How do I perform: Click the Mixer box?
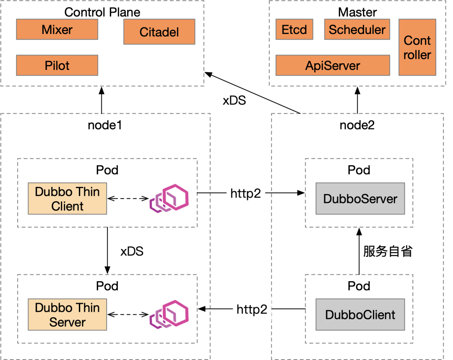pyautogui.click(x=57, y=30)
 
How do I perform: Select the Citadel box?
pyautogui.click(x=159, y=32)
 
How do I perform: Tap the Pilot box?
pyautogui.click(x=57, y=65)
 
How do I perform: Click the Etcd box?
pyautogui.click(x=294, y=30)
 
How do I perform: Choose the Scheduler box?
pyautogui.click(x=357, y=30)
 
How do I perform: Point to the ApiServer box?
pyautogui.click(x=333, y=65)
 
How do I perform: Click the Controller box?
pyautogui.click(x=417, y=47)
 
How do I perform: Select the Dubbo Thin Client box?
pyautogui.click(x=67, y=199)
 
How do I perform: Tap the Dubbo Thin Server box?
pyautogui.click(x=67, y=315)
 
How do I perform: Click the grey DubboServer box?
pyautogui.click(x=360, y=199)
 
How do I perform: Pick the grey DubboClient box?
pyautogui.click(x=360, y=315)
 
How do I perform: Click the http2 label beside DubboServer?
pyautogui.click(x=246, y=193)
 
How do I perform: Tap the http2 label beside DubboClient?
pyautogui.click(x=252, y=309)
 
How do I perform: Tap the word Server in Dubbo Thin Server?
pyautogui.click(x=67, y=322)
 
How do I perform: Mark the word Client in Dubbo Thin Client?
pyautogui.click(x=67, y=206)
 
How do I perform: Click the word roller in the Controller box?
pyautogui.click(x=417, y=55)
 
